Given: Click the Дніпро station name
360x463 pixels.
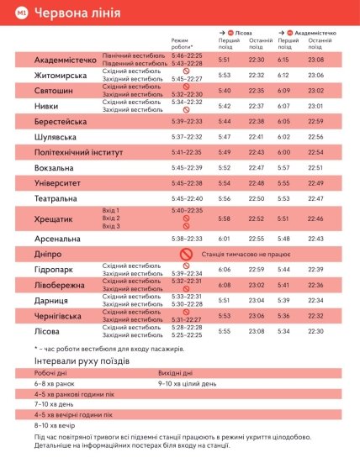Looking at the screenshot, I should (49, 254).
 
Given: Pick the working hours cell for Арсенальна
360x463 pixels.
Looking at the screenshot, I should (186, 239).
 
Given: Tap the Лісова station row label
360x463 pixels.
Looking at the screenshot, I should (49, 330).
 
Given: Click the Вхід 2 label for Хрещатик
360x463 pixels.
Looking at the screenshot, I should (111, 218).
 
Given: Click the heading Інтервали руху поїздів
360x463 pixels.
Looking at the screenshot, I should (82, 360).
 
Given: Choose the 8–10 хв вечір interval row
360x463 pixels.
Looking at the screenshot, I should (57, 425).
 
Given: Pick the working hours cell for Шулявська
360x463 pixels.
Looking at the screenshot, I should (186, 136).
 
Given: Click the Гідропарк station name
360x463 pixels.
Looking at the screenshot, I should (55, 269).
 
